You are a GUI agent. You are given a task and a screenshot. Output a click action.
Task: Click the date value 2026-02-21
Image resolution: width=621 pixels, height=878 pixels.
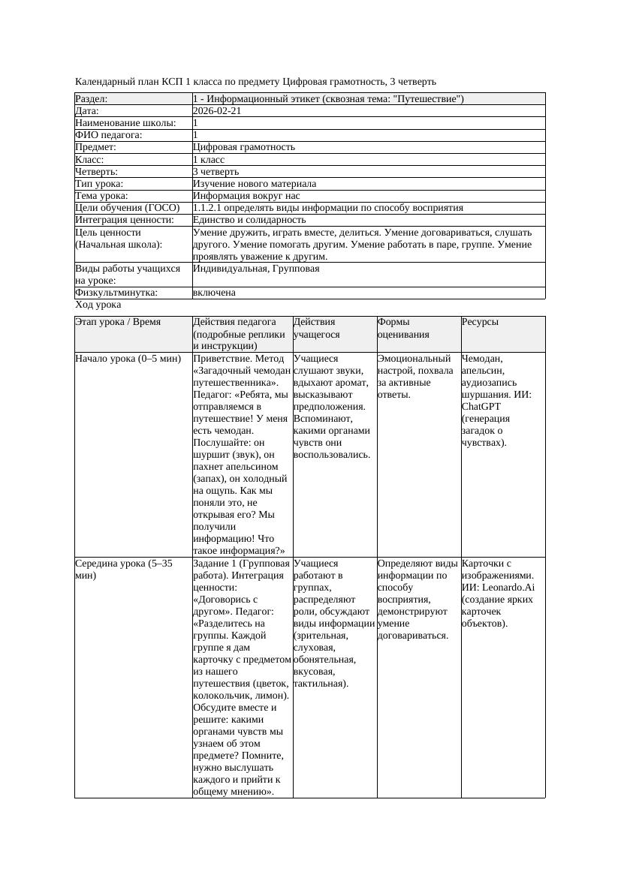(217, 111)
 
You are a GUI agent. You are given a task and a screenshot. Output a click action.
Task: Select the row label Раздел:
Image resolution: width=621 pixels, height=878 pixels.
(92, 99)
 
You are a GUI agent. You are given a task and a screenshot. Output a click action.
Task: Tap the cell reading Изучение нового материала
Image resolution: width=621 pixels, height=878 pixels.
(255, 184)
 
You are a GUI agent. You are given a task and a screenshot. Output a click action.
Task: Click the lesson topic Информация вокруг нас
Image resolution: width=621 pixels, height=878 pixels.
(246, 196)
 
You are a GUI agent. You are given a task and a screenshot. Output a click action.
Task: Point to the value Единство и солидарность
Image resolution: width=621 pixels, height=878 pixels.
(249, 220)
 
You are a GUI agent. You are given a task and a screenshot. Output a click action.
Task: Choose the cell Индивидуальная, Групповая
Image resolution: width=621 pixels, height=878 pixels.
(256, 269)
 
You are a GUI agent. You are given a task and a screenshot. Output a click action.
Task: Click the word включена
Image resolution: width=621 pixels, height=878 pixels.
(214, 293)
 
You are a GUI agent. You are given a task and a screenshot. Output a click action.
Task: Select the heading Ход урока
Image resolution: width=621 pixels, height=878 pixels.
(98, 305)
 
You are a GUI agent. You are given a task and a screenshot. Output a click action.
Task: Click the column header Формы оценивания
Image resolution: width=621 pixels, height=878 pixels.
(403, 328)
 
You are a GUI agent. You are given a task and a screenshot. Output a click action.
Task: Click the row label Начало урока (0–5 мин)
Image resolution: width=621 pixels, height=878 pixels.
(128, 359)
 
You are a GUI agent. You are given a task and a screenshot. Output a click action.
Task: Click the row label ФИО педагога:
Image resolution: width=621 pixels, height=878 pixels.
(109, 135)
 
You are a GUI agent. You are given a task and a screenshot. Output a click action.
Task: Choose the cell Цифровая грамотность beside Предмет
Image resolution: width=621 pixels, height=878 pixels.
(244, 147)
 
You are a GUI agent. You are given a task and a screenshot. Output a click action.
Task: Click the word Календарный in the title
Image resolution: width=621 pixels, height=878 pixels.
(101, 81)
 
